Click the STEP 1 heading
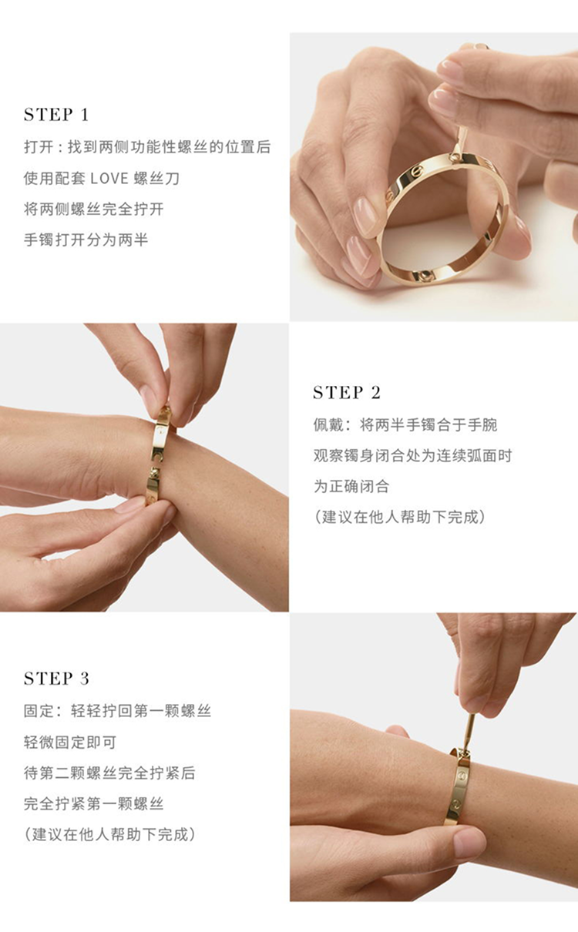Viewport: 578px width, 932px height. [x=56, y=115]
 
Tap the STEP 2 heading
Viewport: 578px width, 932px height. [x=347, y=392]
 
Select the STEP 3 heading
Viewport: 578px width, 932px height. [x=56, y=679]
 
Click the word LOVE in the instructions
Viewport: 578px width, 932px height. [x=109, y=179]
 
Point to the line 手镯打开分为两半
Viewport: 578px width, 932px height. [x=86, y=240]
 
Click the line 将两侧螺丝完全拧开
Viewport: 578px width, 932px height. [x=94, y=209]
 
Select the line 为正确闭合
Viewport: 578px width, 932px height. [x=351, y=486]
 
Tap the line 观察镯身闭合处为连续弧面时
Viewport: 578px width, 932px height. [x=412, y=455]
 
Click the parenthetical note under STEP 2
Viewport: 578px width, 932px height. [x=400, y=517]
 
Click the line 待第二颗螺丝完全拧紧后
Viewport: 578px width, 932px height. [x=109, y=773]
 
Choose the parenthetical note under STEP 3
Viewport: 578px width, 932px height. [x=109, y=834]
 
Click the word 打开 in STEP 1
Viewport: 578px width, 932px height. [x=39, y=147]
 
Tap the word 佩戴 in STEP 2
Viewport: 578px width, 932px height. [x=328, y=425]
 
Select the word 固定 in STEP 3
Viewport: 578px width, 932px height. [x=39, y=711]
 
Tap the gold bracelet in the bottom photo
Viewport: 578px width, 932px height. [x=459, y=783]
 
